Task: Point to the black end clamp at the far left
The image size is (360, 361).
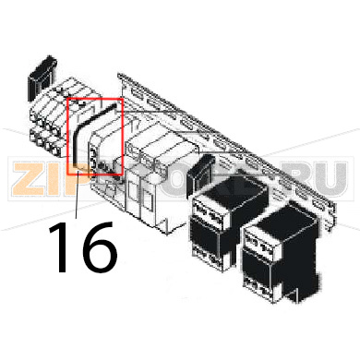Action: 41,73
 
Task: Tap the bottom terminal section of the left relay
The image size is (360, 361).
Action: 215,259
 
